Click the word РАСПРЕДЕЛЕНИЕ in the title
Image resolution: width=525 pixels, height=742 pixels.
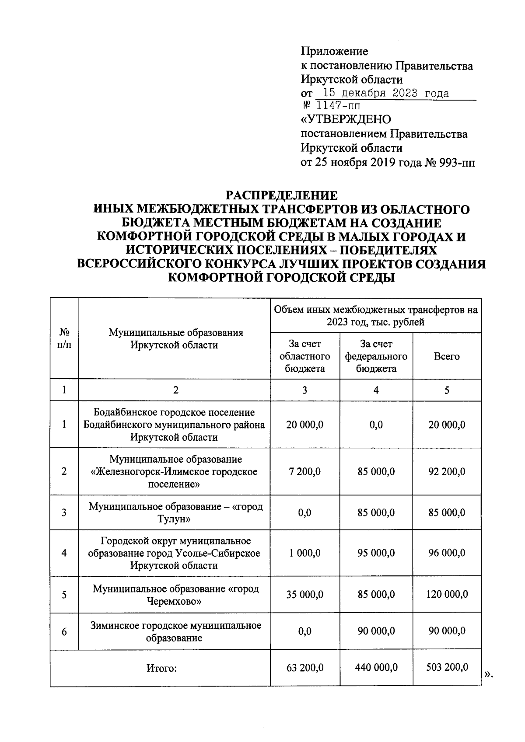[281, 195]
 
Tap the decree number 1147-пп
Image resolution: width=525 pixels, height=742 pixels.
[338, 106]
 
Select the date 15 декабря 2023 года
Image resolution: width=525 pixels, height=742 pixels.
[385, 93]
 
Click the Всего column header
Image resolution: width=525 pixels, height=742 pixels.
[447, 356]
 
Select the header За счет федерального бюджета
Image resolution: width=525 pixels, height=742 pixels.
[376, 356]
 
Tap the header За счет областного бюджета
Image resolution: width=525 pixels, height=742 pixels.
[304, 356]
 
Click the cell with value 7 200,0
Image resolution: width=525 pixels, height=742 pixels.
[304, 472]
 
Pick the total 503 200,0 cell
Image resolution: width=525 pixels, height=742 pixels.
[447, 667]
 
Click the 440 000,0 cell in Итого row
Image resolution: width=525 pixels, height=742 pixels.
[376, 667]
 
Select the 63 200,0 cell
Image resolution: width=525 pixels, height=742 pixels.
[304, 667]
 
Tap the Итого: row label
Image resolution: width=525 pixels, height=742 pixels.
[161, 668]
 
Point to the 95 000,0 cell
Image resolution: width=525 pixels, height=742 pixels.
[376, 553]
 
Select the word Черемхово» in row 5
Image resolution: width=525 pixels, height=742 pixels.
[174, 601]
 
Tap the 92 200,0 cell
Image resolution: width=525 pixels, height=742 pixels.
[447, 472]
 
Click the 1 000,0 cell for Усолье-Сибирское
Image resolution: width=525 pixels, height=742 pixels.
[304, 553]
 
